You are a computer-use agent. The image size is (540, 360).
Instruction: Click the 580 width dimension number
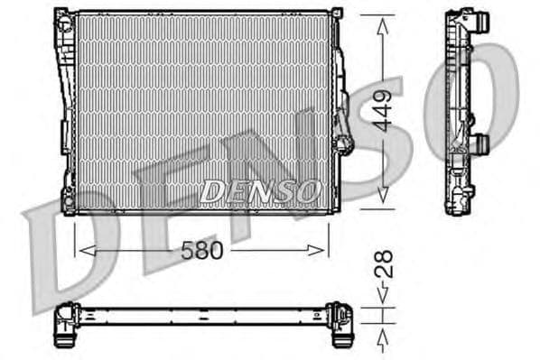201,250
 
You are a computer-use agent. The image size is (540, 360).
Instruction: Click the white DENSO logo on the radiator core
260,190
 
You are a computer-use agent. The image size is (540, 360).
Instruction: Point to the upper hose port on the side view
480,21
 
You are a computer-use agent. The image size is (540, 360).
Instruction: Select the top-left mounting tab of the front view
61,14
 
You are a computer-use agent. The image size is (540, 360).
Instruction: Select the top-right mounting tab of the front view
337,14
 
